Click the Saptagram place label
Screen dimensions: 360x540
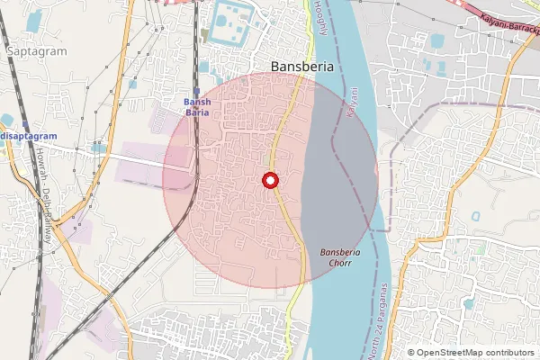tap(37, 51)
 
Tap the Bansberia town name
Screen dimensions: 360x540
tap(302, 66)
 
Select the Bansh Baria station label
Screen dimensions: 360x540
tap(197, 107)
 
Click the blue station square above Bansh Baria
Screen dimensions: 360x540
tap(196, 90)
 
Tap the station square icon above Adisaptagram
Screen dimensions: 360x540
tap(25, 125)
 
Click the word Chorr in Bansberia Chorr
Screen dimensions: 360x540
tap(340, 264)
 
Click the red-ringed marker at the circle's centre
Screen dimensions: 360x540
tap(269, 181)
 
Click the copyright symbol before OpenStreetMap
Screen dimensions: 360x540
tap(410, 352)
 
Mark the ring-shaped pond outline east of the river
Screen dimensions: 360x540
tap(474, 216)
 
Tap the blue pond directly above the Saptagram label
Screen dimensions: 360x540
tap(34, 21)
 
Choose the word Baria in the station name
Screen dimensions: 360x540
tap(197, 112)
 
